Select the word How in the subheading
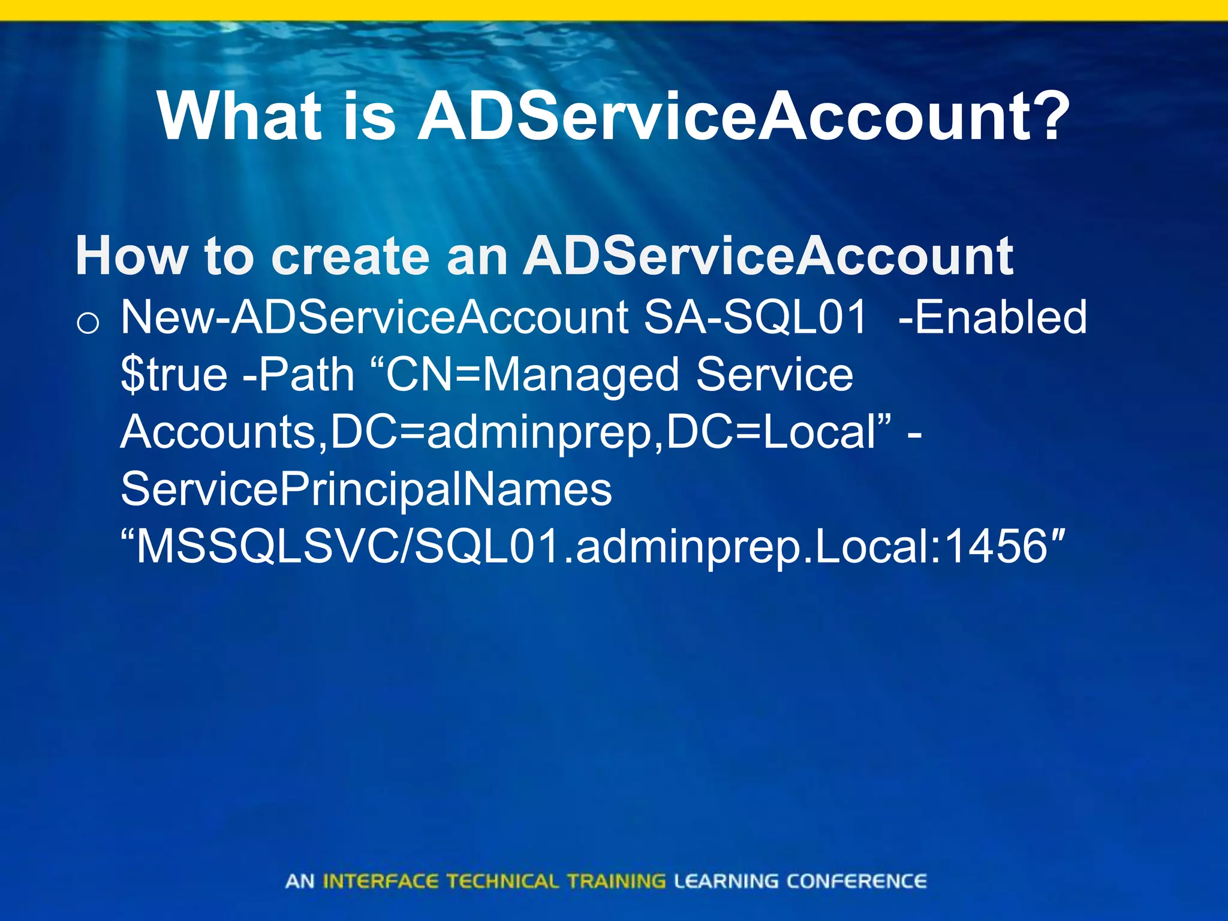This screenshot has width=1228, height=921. [131, 256]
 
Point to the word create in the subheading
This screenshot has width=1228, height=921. [351, 256]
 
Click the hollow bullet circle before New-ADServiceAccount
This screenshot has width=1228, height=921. [88, 323]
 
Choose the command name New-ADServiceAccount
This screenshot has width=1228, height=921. [375, 317]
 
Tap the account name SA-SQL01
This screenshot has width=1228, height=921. [756, 317]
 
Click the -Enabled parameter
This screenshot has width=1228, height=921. [992, 317]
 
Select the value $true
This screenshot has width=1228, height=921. [174, 375]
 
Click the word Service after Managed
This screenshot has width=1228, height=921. [774, 375]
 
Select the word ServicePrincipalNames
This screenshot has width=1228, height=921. [366, 489]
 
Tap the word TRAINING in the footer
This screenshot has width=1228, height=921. [616, 881]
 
